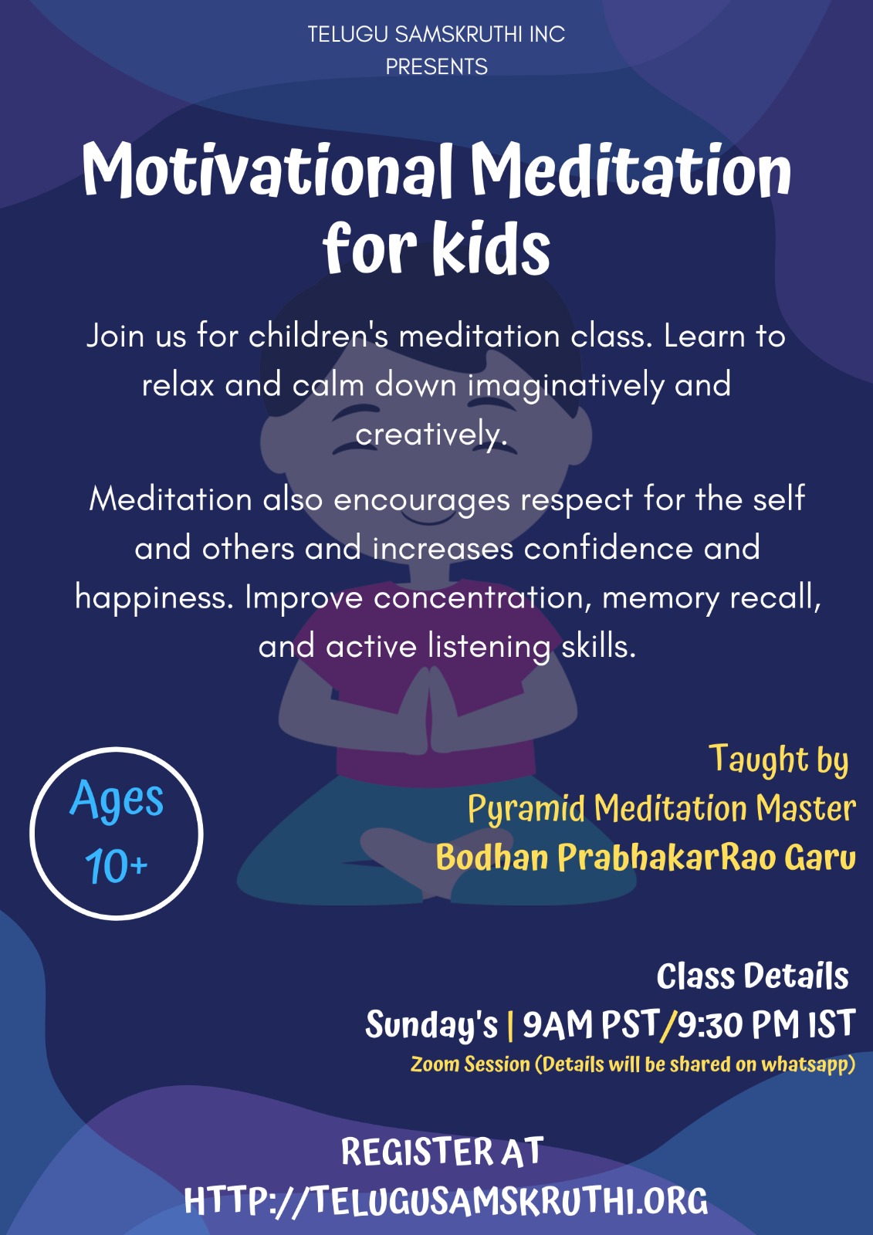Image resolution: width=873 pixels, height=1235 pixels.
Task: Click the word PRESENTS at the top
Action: (x=436, y=66)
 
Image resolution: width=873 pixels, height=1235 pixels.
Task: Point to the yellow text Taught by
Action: (x=778, y=760)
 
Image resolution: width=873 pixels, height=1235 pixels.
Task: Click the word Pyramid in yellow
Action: (x=526, y=810)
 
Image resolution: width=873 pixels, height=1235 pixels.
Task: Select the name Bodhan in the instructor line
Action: (x=492, y=858)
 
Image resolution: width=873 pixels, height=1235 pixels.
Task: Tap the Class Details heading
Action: (x=753, y=976)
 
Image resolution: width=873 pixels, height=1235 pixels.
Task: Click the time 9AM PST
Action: (x=590, y=1024)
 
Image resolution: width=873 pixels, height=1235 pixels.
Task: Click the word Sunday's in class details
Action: (x=431, y=1024)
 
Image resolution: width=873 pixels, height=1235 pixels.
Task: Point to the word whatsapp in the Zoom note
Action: (x=808, y=1064)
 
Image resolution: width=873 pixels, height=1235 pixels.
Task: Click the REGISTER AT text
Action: (x=442, y=1152)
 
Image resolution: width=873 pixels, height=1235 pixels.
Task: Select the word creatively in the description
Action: (x=431, y=434)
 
